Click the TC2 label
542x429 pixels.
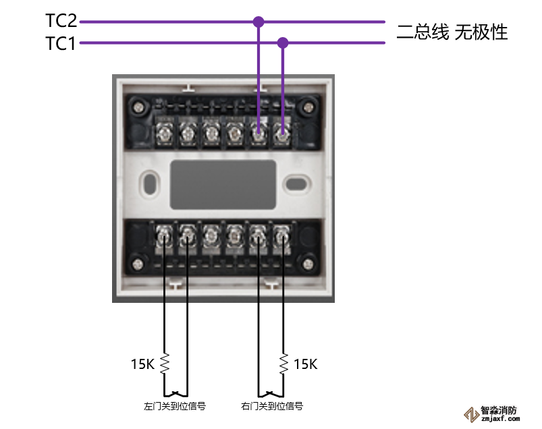[60, 20]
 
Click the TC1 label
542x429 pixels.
[60, 44]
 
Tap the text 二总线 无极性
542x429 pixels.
[452, 32]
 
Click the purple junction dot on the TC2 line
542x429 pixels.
[258, 22]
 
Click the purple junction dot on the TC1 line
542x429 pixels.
[283, 43]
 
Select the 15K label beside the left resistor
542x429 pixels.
[143, 364]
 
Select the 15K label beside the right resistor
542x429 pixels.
[305, 364]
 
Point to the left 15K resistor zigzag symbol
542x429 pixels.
[164, 364]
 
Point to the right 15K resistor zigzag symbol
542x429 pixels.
[283, 364]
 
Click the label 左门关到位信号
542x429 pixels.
[174, 406]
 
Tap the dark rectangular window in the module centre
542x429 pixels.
[223, 184]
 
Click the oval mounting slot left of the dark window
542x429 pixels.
[150, 183]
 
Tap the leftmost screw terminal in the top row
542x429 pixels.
[164, 132]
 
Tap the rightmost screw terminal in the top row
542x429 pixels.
[281, 132]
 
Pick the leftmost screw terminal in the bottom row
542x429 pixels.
[164, 236]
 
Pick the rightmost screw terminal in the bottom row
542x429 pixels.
[281, 236]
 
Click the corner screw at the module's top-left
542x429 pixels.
[140, 106]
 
